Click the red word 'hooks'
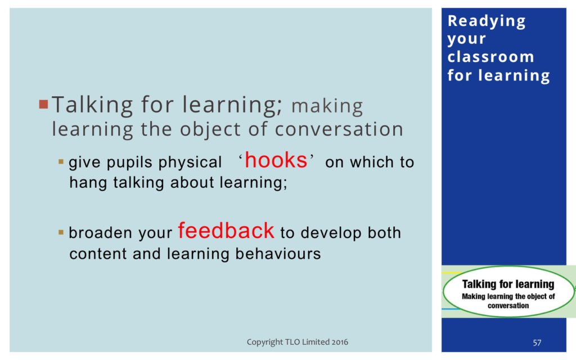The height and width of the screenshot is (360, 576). (276, 160)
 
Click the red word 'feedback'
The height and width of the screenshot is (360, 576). (226, 230)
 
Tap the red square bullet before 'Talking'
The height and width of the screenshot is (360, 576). (44, 104)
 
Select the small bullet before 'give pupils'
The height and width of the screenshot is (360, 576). (61, 161)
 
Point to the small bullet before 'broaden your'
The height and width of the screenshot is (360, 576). (61, 232)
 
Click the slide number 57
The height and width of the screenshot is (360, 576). (537, 343)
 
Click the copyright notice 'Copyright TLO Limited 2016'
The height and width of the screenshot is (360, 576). (297, 342)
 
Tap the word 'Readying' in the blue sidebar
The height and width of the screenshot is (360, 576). (487, 21)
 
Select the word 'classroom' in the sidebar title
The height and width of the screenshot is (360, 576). (490, 57)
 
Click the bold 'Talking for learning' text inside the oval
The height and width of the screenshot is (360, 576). (508, 284)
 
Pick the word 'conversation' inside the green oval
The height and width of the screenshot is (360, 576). (508, 305)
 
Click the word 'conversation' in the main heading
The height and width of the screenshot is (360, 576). (339, 129)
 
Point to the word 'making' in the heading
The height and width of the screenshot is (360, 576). (327, 106)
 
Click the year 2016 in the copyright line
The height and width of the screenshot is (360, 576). (340, 342)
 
